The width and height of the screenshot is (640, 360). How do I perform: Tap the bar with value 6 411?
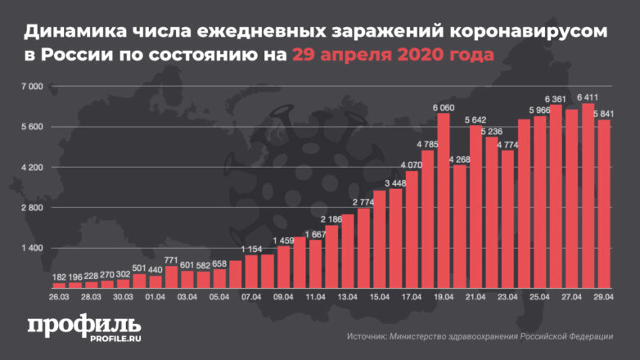pyautogui.click(x=588, y=196)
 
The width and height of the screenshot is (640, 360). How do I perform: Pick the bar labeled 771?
pyautogui.click(x=171, y=277)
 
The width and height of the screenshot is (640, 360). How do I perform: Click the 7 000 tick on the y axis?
pyautogui.click(x=32, y=86)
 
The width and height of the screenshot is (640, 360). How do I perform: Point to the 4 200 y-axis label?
pyautogui.click(x=32, y=167)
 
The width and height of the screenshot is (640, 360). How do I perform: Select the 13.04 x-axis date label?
pyautogui.click(x=348, y=298)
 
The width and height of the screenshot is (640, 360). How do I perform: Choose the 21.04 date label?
pyautogui.click(x=475, y=298)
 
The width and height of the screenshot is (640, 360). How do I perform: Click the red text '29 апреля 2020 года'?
pyautogui.click(x=393, y=56)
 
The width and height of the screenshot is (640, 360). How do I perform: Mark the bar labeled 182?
pyautogui.click(x=59, y=286)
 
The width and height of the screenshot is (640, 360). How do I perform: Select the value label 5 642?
pyautogui.click(x=475, y=119)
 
